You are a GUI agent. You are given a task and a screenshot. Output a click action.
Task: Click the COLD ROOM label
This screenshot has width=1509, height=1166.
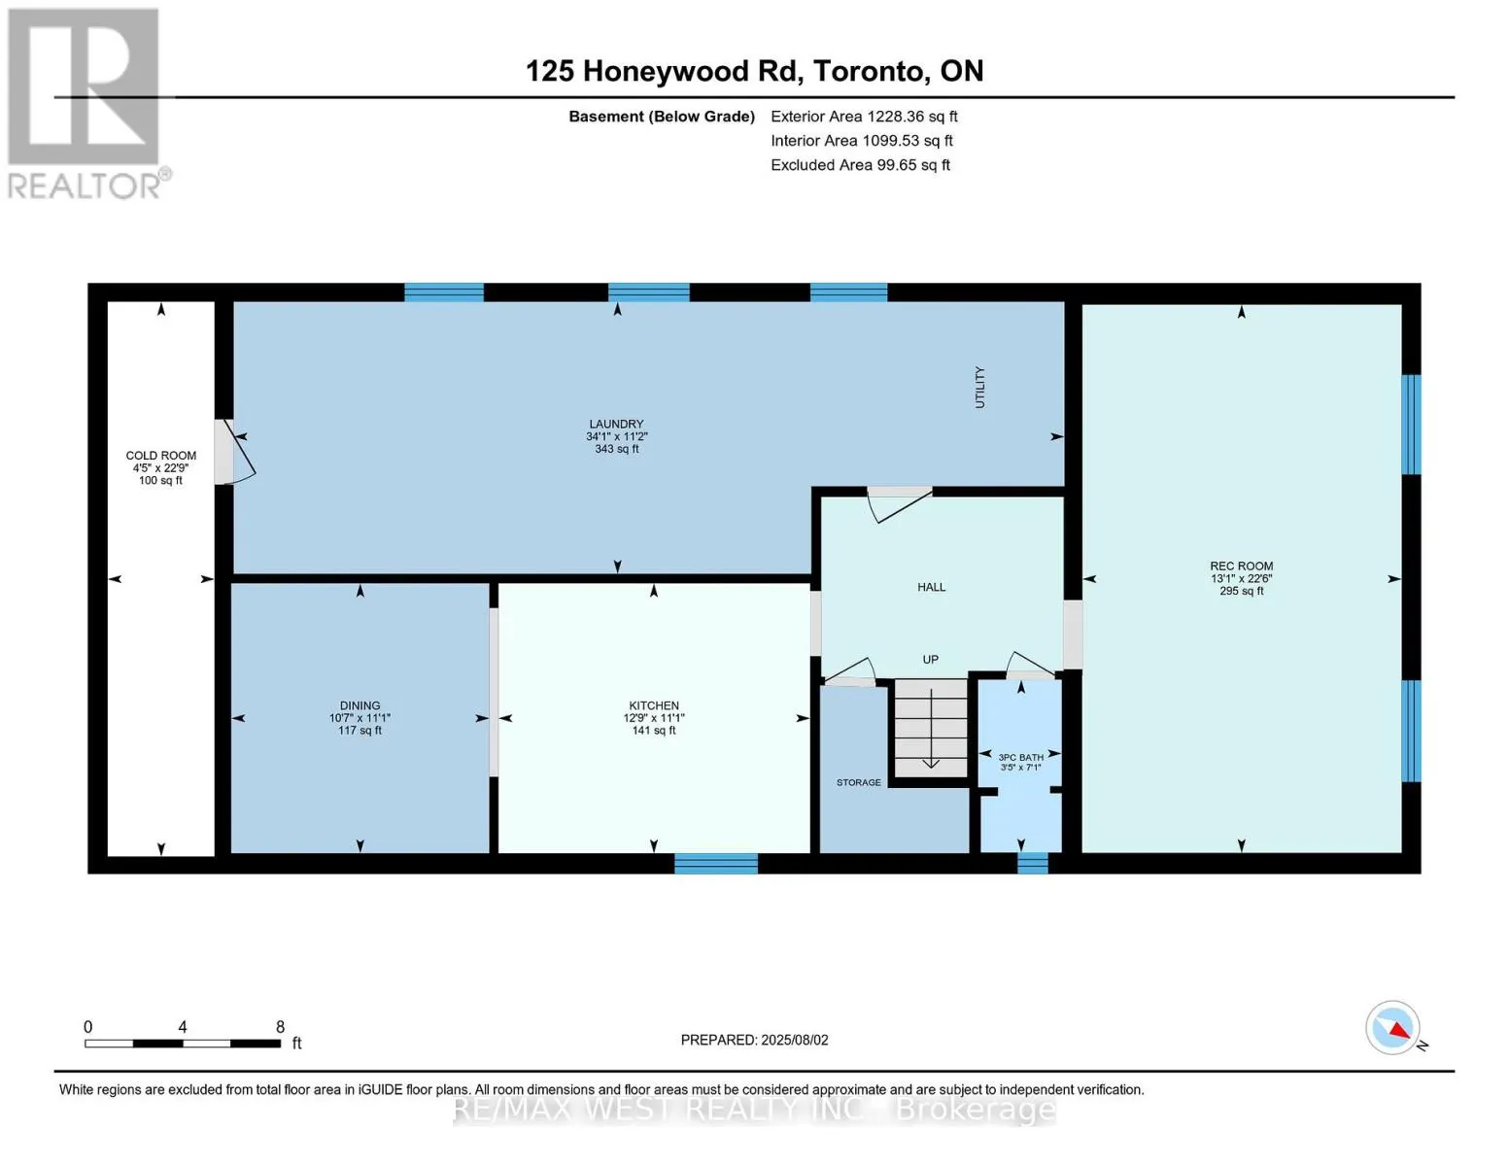point(160,456)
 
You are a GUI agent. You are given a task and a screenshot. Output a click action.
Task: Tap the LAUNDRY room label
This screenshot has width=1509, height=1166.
point(616,424)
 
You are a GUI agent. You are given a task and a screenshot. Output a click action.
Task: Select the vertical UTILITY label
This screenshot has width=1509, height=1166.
point(979,388)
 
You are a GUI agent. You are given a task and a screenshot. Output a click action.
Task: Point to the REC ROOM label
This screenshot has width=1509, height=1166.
point(1242,566)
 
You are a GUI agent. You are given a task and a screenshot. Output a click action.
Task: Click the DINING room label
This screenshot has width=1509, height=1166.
point(360,705)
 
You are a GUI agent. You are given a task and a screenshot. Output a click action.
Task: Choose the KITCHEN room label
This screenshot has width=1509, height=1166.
point(654,705)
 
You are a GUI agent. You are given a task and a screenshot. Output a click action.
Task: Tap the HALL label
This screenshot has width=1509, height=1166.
point(931,587)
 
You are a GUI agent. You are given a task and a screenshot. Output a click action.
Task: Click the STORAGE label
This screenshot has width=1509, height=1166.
point(858,782)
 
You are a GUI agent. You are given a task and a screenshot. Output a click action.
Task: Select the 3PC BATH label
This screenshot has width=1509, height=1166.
point(1021,757)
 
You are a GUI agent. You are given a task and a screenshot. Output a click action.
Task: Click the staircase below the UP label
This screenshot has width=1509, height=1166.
point(931,729)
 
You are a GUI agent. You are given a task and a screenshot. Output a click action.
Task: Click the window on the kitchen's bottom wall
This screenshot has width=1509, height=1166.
point(716,863)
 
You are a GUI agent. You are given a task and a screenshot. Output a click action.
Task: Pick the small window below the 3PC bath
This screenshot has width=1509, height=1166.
point(1033,863)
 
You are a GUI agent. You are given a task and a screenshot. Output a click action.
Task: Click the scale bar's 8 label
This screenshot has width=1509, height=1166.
point(280,1027)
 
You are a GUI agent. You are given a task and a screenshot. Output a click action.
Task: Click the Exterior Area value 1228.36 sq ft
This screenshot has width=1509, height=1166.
point(911,117)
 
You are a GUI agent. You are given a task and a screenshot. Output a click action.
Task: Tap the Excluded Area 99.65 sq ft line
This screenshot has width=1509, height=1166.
point(860,165)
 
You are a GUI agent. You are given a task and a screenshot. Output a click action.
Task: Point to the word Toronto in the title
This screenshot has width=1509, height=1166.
point(871,71)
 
